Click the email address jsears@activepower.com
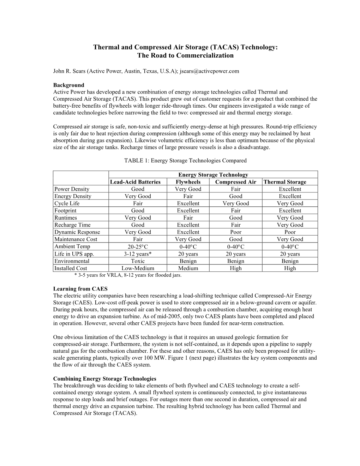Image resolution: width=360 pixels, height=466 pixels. coord(209,71)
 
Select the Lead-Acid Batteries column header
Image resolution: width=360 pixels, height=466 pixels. coord(135,182)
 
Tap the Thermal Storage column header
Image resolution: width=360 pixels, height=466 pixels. coord(285,182)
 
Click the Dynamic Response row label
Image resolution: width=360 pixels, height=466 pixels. coord(77,232)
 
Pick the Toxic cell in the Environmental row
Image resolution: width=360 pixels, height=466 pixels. coord(138,261)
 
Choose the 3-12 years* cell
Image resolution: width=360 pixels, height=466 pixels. coord(138,254)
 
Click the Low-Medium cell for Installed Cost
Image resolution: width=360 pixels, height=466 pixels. coord(138,268)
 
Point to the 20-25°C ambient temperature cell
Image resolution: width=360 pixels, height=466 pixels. coord(138,247)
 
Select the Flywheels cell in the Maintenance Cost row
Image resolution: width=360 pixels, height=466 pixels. coord(188,239)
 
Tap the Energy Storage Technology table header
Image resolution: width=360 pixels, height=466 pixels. coord(213,175)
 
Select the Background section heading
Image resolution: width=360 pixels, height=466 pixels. coord(69,85)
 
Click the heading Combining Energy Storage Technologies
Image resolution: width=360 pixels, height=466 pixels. coord(104,379)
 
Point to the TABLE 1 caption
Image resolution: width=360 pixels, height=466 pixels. coord(185,161)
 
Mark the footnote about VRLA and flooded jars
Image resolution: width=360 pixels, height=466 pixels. coord(128,275)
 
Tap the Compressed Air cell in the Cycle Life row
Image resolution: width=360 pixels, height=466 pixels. coord(236,203)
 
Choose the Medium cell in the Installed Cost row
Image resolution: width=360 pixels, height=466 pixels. coord(188,268)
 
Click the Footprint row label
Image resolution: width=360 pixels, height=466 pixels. coord(65,210)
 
